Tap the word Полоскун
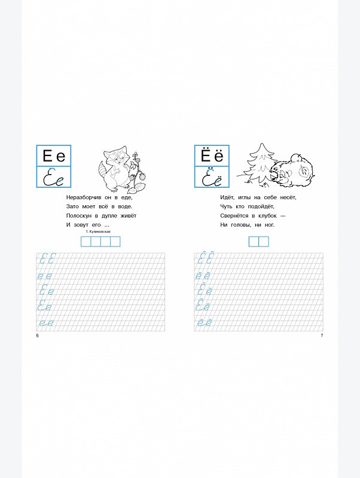(x=79, y=216)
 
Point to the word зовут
(x=82, y=225)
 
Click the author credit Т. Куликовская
(x=98, y=232)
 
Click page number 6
(x=38, y=336)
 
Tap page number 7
(x=322, y=336)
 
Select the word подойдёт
(x=261, y=206)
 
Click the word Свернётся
(x=234, y=216)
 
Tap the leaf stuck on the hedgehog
(x=304, y=171)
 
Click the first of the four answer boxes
(x=86, y=242)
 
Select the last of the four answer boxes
(x=115, y=242)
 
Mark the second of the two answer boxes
(x=264, y=242)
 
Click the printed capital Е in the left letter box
(x=48, y=156)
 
